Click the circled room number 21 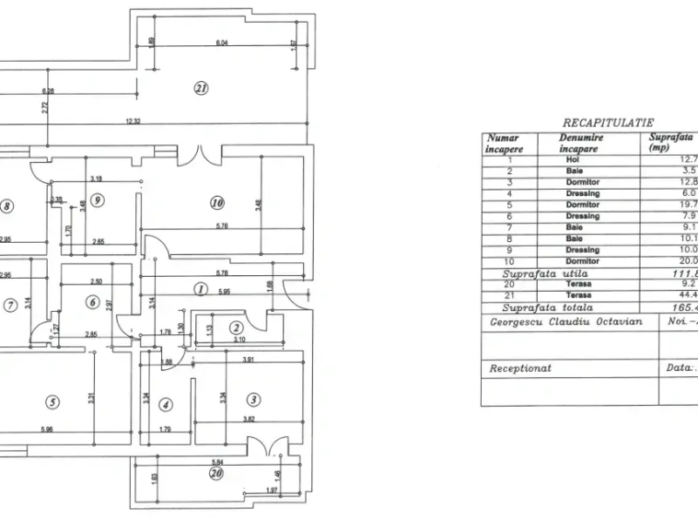202,88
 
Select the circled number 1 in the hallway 200,289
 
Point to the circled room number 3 255,399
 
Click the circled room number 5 52,402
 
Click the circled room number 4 165,404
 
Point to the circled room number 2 237,328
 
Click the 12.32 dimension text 134,122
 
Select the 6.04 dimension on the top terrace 221,43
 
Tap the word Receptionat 520,367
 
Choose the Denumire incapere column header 580,142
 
